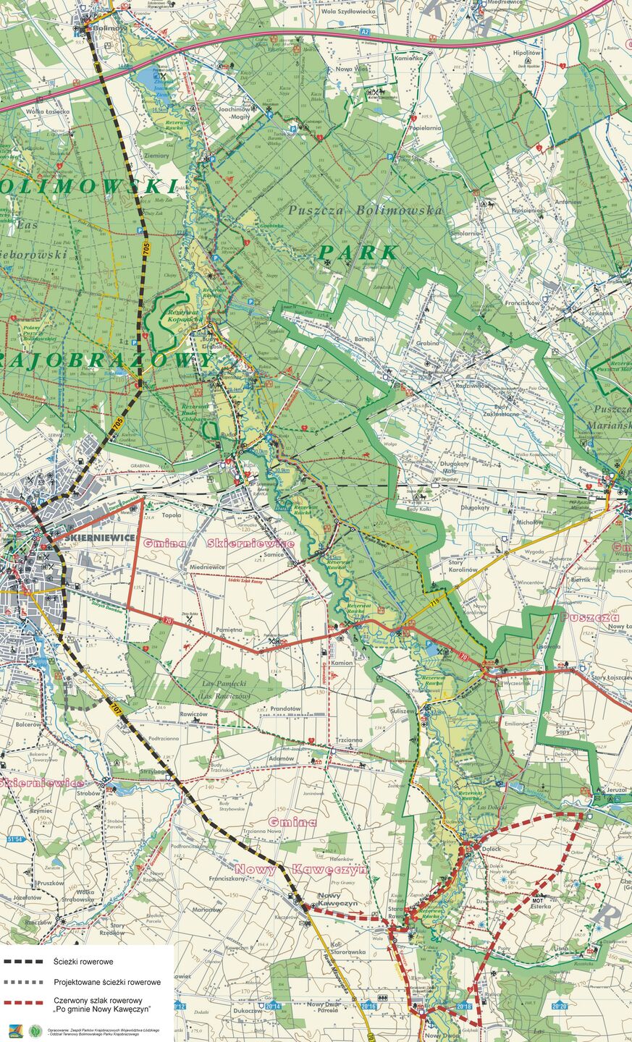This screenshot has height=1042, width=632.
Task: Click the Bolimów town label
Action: pyautogui.click(x=111, y=27)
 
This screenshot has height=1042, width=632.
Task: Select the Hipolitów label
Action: pyautogui.click(x=527, y=53)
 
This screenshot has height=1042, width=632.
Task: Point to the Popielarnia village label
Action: pyautogui.click(x=425, y=127)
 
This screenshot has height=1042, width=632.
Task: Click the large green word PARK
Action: pyautogui.click(x=359, y=253)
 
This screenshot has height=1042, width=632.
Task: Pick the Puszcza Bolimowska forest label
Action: pyautogui.click(x=365, y=210)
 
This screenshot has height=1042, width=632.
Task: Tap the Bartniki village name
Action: pyautogui.click(x=366, y=338)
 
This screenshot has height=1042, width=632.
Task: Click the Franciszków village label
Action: pyautogui.click(x=523, y=303)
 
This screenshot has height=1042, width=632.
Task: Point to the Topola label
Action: pyautogui.click(x=172, y=516)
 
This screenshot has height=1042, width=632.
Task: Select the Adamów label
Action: pyautogui.click(x=282, y=758)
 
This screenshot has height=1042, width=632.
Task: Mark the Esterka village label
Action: pyautogui.click(x=541, y=905)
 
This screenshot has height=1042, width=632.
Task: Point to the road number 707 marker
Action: pyautogui.click(x=116, y=705)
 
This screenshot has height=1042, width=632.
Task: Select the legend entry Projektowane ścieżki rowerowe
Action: pyautogui.click(x=107, y=982)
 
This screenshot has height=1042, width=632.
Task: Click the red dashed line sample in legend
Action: pyautogui.click(x=25, y=1003)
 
